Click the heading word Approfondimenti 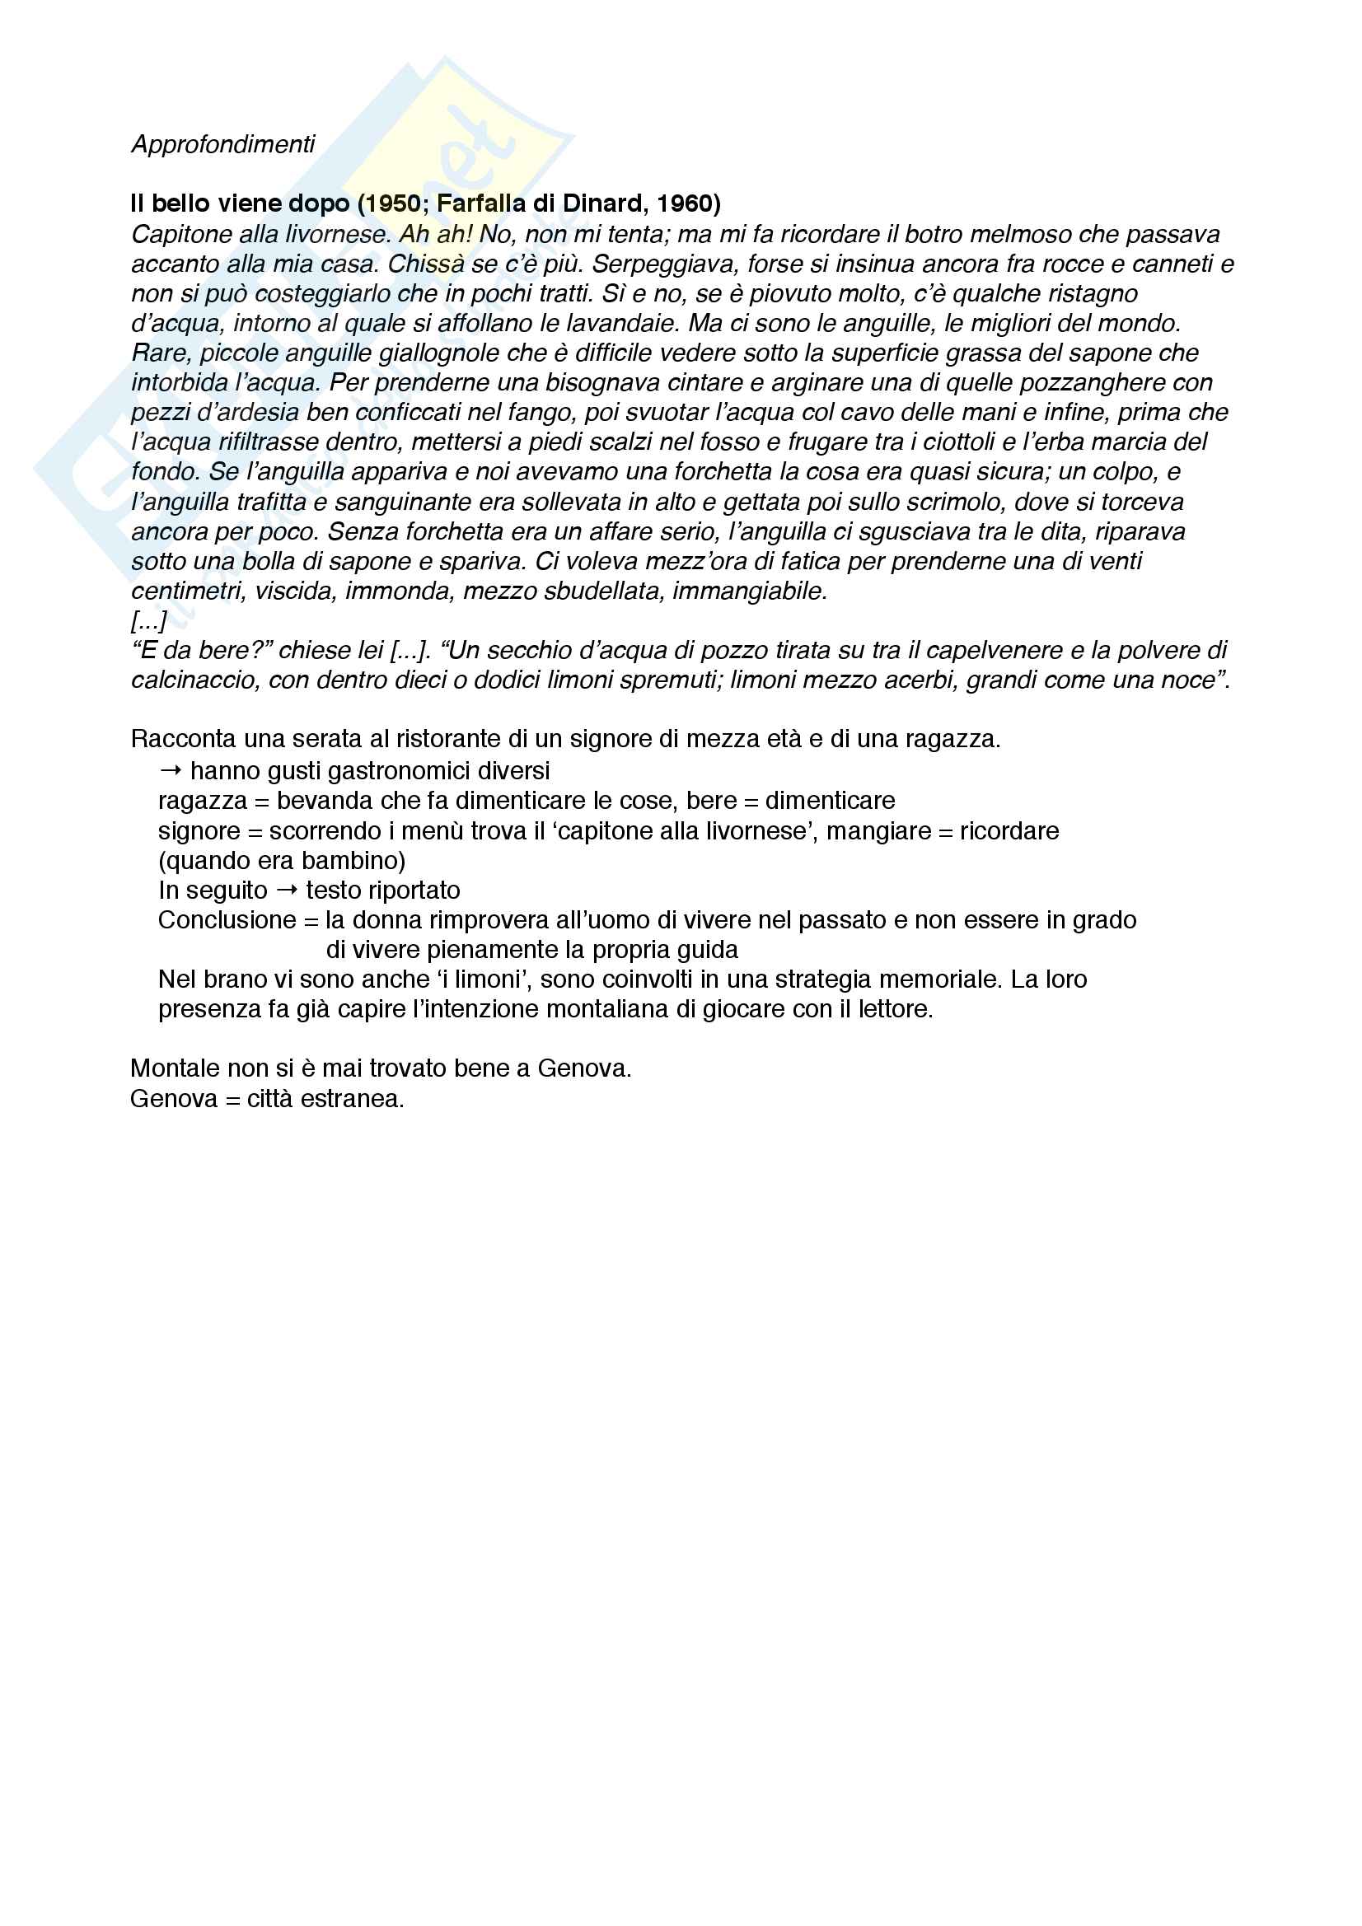(222, 144)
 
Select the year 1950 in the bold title (393, 203)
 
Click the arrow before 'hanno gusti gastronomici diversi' (171, 770)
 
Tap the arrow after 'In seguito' (287, 890)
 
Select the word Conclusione (227, 920)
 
